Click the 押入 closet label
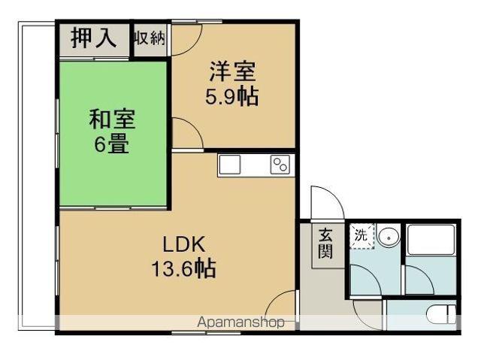[94, 39]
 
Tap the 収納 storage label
[150, 39]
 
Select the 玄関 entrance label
[325, 242]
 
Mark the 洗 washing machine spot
[361, 234]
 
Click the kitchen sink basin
[229, 165]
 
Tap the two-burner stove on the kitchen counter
[280, 165]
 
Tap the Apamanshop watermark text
[240, 322]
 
